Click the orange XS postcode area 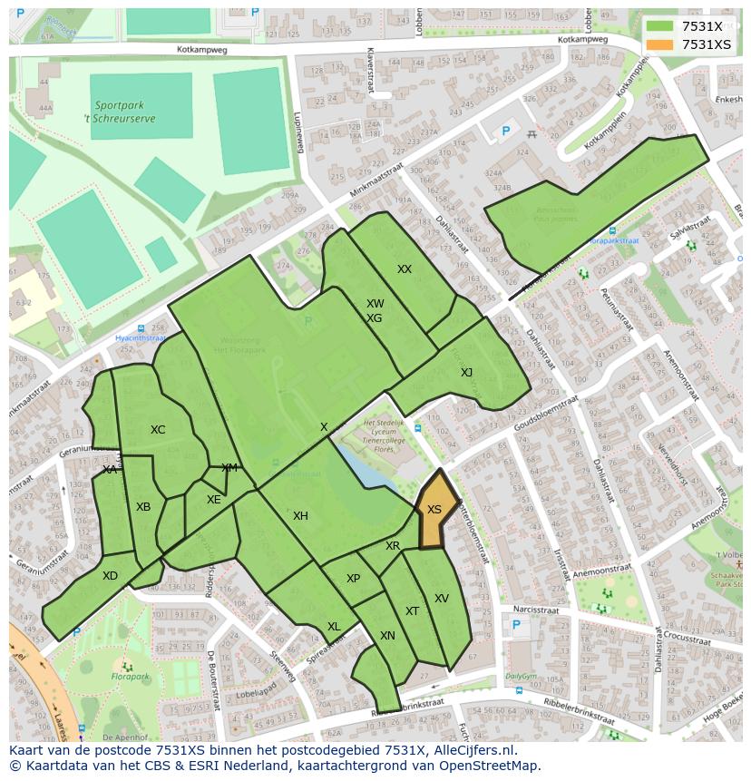pyautogui.click(x=434, y=513)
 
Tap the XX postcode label pyautogui.click(x=405, y=269)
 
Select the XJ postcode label pyautogui.click(x=466, y=373)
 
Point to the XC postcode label pyautogui.click(x=158, y=430)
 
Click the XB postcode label pyautogui.click(x=143, y=507)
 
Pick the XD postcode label pyautogui.click(x=110, y=576)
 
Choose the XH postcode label pyautogui.click(x=300, y=516)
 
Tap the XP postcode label pyautogui.click(x=354, y=579)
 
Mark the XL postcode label pyautogui.click(x=334, y=627)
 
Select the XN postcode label pyautogui.click(x=387, y=636)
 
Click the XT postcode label pyautogui.click(x=413, y=611)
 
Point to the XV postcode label pyautogui.click(x=442, y=599)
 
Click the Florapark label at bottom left pyautogui.click(x=131, y=676)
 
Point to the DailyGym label pyautogui.click(x=522, y=676)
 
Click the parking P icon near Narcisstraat pyautogui.click(x=516, y=625)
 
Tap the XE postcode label pyautogui.click(x=213, y=500)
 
